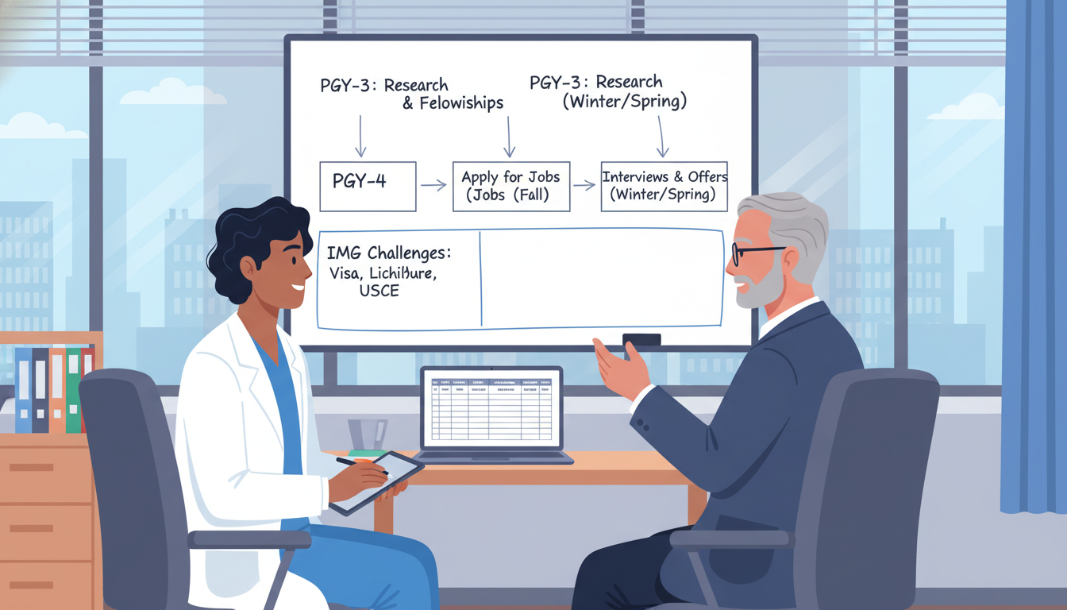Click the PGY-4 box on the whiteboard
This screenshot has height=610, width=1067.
coord(367,186)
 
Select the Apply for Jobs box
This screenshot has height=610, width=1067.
coord(511,186)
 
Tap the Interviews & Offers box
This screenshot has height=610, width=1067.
coord(664,186)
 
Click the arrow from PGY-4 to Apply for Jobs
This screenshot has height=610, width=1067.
coord(433,185)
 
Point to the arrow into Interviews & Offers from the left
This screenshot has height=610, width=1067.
coord(584,185)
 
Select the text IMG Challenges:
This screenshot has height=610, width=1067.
coord(389,253)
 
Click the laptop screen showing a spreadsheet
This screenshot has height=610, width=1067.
coord(491,407)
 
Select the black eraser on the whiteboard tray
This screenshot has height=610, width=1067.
coord(641,340)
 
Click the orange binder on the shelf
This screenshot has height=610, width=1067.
coord(57,390)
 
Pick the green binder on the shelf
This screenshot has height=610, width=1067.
coord(73,389)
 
